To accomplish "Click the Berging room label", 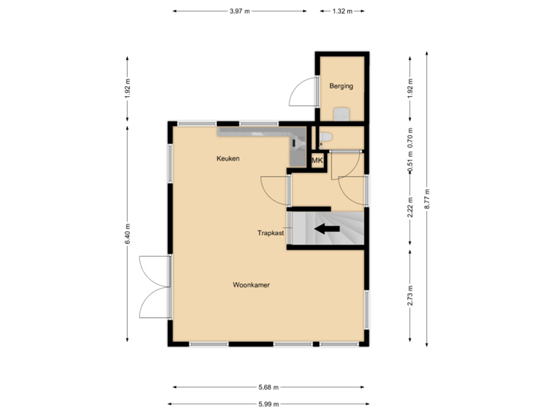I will [x=341, y=86].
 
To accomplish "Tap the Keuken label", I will [x=228, y=158].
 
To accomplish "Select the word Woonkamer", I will [x=251, y=285].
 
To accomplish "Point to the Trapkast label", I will [x=271, y=231].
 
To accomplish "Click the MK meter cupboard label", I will [x=317, y=161].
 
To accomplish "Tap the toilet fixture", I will [x=325, y=138].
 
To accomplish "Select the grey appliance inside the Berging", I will [x=342, y=115].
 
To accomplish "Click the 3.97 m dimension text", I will [x=239, y=12].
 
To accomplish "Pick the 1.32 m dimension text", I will [x=342, y=12].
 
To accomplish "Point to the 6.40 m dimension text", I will [x=128, y=233].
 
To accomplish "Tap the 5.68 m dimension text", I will [x=268, y=387].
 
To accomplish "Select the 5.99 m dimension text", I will [x=268, y=403].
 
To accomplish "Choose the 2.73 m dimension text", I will [x=410, y=296].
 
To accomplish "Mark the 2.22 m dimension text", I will [x=410, y=207].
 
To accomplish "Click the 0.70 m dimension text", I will [x=410, y=137].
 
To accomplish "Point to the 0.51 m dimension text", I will [x=410, y=166].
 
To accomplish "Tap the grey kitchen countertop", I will [x=254, y=133].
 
